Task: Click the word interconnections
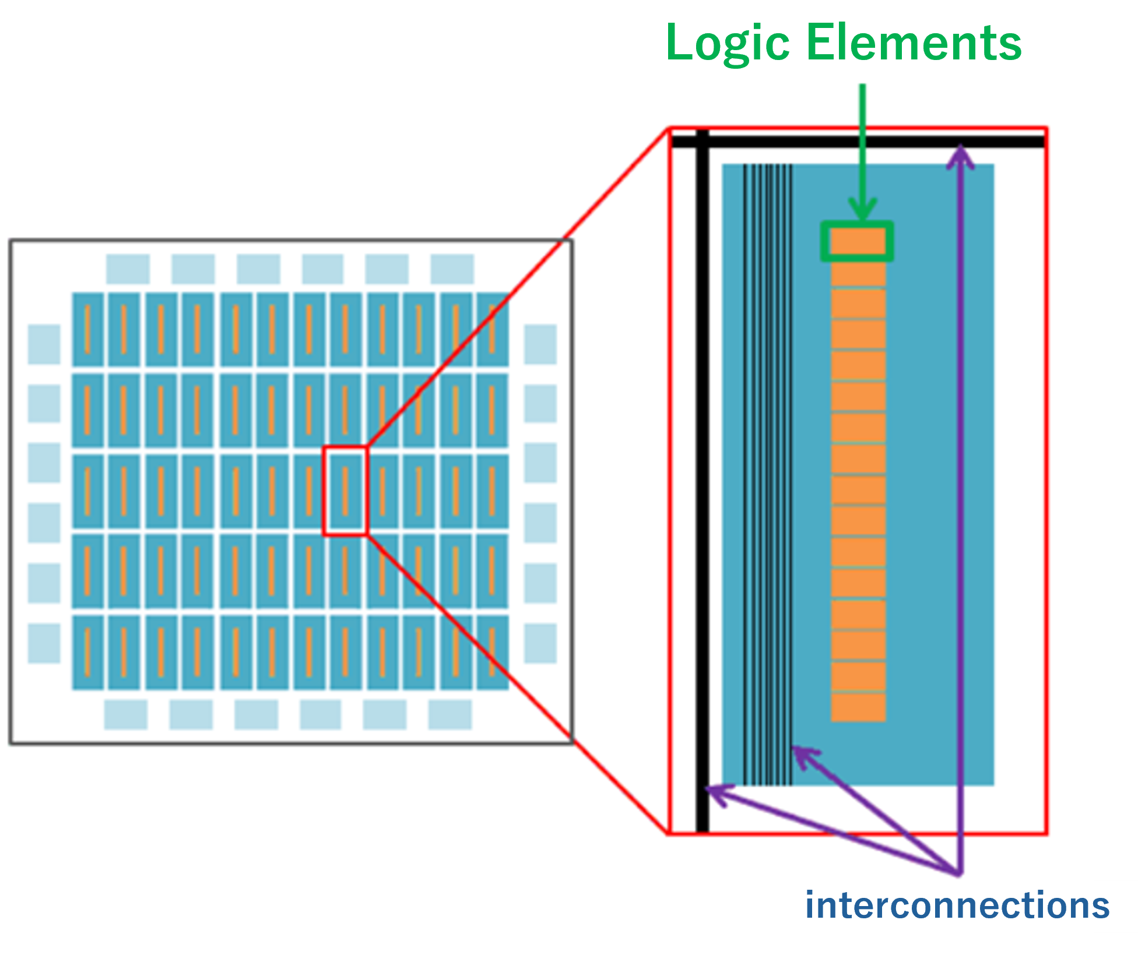pos(957,905)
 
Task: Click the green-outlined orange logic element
pos(857,241)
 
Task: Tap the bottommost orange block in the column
pos(858,707)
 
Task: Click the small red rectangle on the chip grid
pos(345,491)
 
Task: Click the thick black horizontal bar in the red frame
pos(857,142)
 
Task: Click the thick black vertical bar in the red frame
pos(703,484)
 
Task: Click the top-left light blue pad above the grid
pos(128,269)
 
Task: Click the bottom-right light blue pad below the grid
pos(449,714)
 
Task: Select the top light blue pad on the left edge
pos(44,344)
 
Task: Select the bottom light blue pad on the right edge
pos(540,643)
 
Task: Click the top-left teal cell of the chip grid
pos(87,330)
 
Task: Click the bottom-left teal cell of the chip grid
pos(87,652)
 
